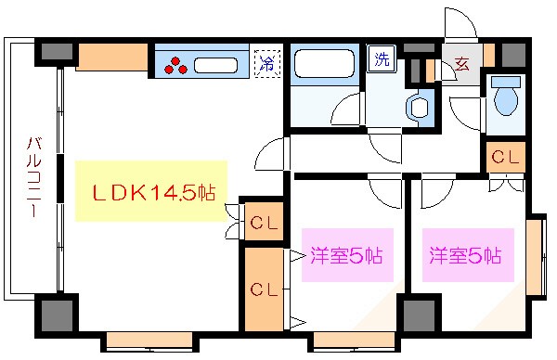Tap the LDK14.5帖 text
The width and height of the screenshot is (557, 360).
point(154,192)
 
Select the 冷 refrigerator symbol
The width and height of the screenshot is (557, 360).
point(266,64)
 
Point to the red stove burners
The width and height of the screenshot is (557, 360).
point(176,65)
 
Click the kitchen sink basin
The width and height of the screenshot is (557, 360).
point(217,65)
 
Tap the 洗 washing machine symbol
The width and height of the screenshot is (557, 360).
point(382,58)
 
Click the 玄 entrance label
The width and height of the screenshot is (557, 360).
point(461,66)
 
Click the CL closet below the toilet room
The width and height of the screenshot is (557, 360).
point(505,157)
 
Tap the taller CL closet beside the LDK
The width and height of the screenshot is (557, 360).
point(263,289)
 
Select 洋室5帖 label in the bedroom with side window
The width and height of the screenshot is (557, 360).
point(465,255)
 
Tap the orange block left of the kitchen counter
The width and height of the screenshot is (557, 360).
point(112,58)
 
